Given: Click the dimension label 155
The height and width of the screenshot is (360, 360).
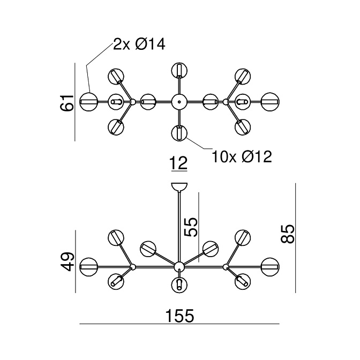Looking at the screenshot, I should pyautogui.click(x=179, y=316).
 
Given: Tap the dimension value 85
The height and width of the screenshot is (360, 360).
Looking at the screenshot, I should pyautogui.click(x=289, y=234).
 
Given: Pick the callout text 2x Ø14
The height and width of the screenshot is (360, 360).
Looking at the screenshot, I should pyautogui.click(x=139, y=44).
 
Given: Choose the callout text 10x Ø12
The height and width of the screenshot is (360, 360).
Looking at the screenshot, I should pyautogui.click(x=242, y=156).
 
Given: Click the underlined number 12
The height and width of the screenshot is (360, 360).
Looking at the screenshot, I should pyautogui.click(x=179, y=163).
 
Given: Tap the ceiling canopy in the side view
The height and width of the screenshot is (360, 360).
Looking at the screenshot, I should pyautogui.click(x=179, y=187).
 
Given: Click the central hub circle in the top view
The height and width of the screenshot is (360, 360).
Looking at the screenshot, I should pyautogui.click(x=179, y=101).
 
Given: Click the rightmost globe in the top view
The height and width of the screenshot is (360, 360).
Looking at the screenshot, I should pyautogui.click(x=270, y=101).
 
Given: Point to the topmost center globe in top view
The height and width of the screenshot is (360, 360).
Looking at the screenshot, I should pyautogui.click(x=179, y=70).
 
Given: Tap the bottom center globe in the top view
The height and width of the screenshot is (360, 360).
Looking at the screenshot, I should pyautogui.click(x=179, y=132).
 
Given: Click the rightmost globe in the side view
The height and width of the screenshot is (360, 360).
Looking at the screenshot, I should pyautogui.click(x=270, y=266).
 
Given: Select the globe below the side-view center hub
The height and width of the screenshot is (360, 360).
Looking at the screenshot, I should pyautogui.click(x=179, y=284).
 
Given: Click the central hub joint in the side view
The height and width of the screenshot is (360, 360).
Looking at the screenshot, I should pyautogui.click(x=179, y=266).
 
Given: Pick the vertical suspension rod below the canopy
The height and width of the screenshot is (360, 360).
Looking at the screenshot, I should pyautogui.click(x=179, y=225).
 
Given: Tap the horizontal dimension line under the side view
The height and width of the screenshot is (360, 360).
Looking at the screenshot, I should pyautogui.click(x=179, y=325).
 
